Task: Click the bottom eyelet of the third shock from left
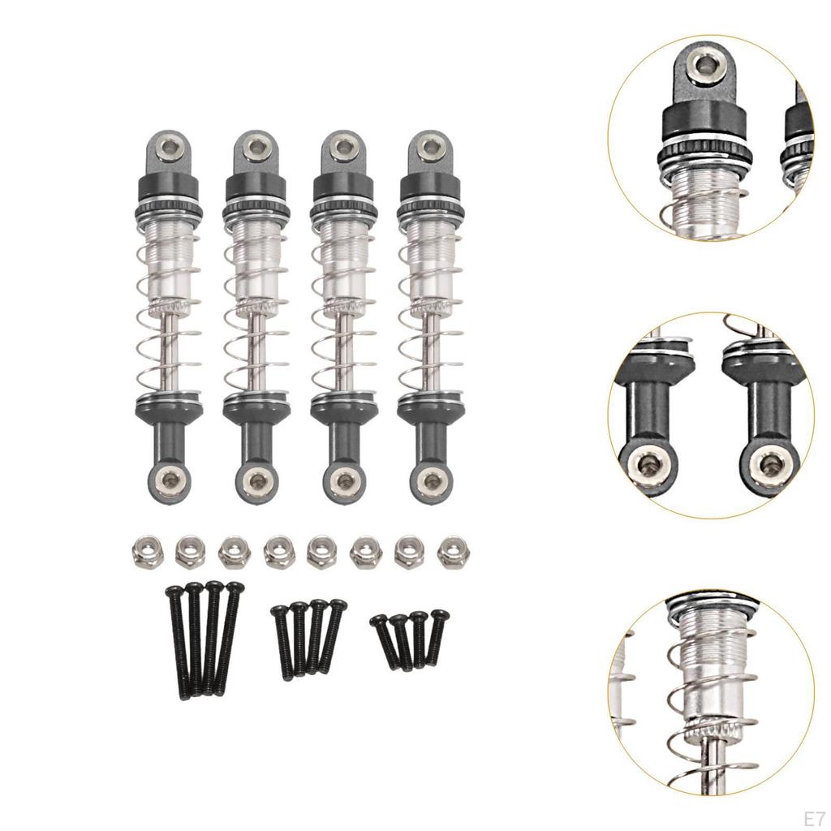(x=343, y=481)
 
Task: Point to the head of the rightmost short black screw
(x=437, y=615)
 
